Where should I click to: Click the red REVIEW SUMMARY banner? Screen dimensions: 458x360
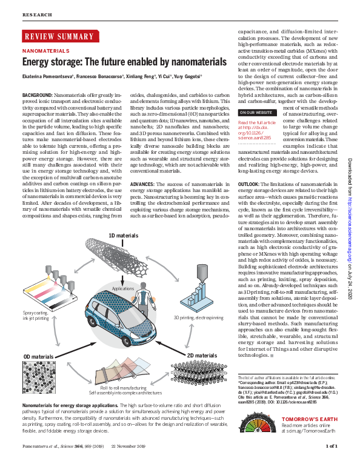click(x=58, y=37)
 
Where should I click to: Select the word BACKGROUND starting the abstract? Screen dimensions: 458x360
click(x=37, y=96)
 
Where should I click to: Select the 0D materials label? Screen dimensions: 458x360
click(x=38, y=356)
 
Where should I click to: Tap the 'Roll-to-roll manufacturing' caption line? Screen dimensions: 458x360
click(x=124, y=387)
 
